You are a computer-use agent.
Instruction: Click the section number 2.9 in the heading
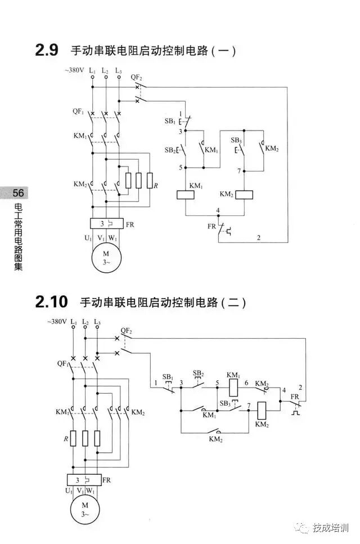click(47, 51)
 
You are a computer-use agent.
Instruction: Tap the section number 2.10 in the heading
click(51, 302)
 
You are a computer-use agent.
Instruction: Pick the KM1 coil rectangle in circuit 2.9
click(186, 194)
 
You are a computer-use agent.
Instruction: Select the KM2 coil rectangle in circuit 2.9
click(244, 194)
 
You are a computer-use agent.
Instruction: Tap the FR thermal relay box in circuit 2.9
click(105, 223)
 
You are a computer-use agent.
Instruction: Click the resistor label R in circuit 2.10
click(65, 437)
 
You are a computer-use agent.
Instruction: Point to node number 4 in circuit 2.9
click(217, 210)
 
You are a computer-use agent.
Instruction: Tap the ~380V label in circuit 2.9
click(74, 70)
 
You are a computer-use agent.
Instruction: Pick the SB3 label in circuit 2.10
click(225, 403)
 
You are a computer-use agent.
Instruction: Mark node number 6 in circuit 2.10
click(246, 383)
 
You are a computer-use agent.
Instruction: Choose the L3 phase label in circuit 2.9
click(118, 71)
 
